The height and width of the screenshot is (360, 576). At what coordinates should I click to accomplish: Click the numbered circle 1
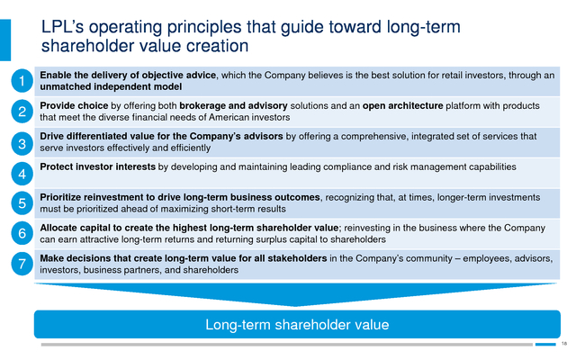(x=22, y=81)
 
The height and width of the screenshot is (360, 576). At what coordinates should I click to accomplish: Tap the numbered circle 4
(x=22, y=174)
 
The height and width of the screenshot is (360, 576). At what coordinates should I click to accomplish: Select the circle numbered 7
(x=22, y=264)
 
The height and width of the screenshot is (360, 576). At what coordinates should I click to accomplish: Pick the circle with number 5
(x=22, y=203)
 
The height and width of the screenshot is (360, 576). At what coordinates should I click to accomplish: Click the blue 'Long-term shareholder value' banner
(x=297, y=324)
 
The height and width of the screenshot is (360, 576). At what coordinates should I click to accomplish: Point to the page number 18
(x=564, y=344)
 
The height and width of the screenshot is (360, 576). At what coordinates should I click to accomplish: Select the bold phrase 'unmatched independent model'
(x=111, y=86)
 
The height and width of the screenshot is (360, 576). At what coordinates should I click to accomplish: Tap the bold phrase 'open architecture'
(x=402, y=106)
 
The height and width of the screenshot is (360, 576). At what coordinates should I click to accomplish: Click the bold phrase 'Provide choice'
(x=74, y=106)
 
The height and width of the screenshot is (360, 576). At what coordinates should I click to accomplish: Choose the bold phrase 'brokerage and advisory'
(x=233, y=106)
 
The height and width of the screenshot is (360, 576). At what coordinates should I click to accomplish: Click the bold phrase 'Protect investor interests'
(x=98, y=166)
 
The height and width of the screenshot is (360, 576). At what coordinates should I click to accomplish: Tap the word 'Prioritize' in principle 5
(x=60, y=197)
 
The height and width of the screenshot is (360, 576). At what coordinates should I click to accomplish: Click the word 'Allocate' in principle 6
(x=57, y=228)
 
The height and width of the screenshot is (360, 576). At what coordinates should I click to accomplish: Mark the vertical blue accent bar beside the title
(x=5, y=40)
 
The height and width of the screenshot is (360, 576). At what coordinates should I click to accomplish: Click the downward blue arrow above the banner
(x=296, y=294)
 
